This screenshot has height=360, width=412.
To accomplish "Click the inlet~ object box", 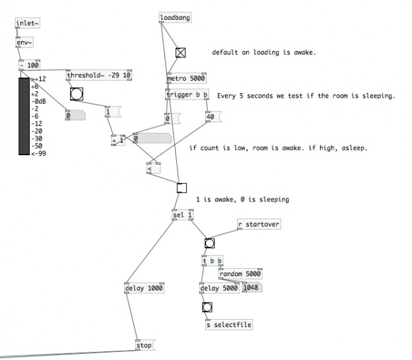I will [28, 24].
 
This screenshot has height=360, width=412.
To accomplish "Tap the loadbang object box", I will [175, 17].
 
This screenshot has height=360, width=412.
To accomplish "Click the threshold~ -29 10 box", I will [98, 75].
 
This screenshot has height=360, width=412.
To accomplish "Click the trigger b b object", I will [188, 95].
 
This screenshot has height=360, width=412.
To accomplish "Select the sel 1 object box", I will [182, 215].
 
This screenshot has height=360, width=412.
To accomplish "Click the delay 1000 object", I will [143, 288].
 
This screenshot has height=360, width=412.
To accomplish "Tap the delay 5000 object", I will [219, 288].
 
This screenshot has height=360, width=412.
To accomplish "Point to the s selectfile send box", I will [228, 324].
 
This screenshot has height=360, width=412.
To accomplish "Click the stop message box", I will [144, 345].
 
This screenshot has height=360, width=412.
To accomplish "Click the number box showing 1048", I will [252, 288].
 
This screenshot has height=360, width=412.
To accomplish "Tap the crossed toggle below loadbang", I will [181, 53].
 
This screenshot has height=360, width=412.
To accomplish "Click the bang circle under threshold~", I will [77, 93].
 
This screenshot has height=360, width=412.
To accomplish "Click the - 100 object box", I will [31, 65].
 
